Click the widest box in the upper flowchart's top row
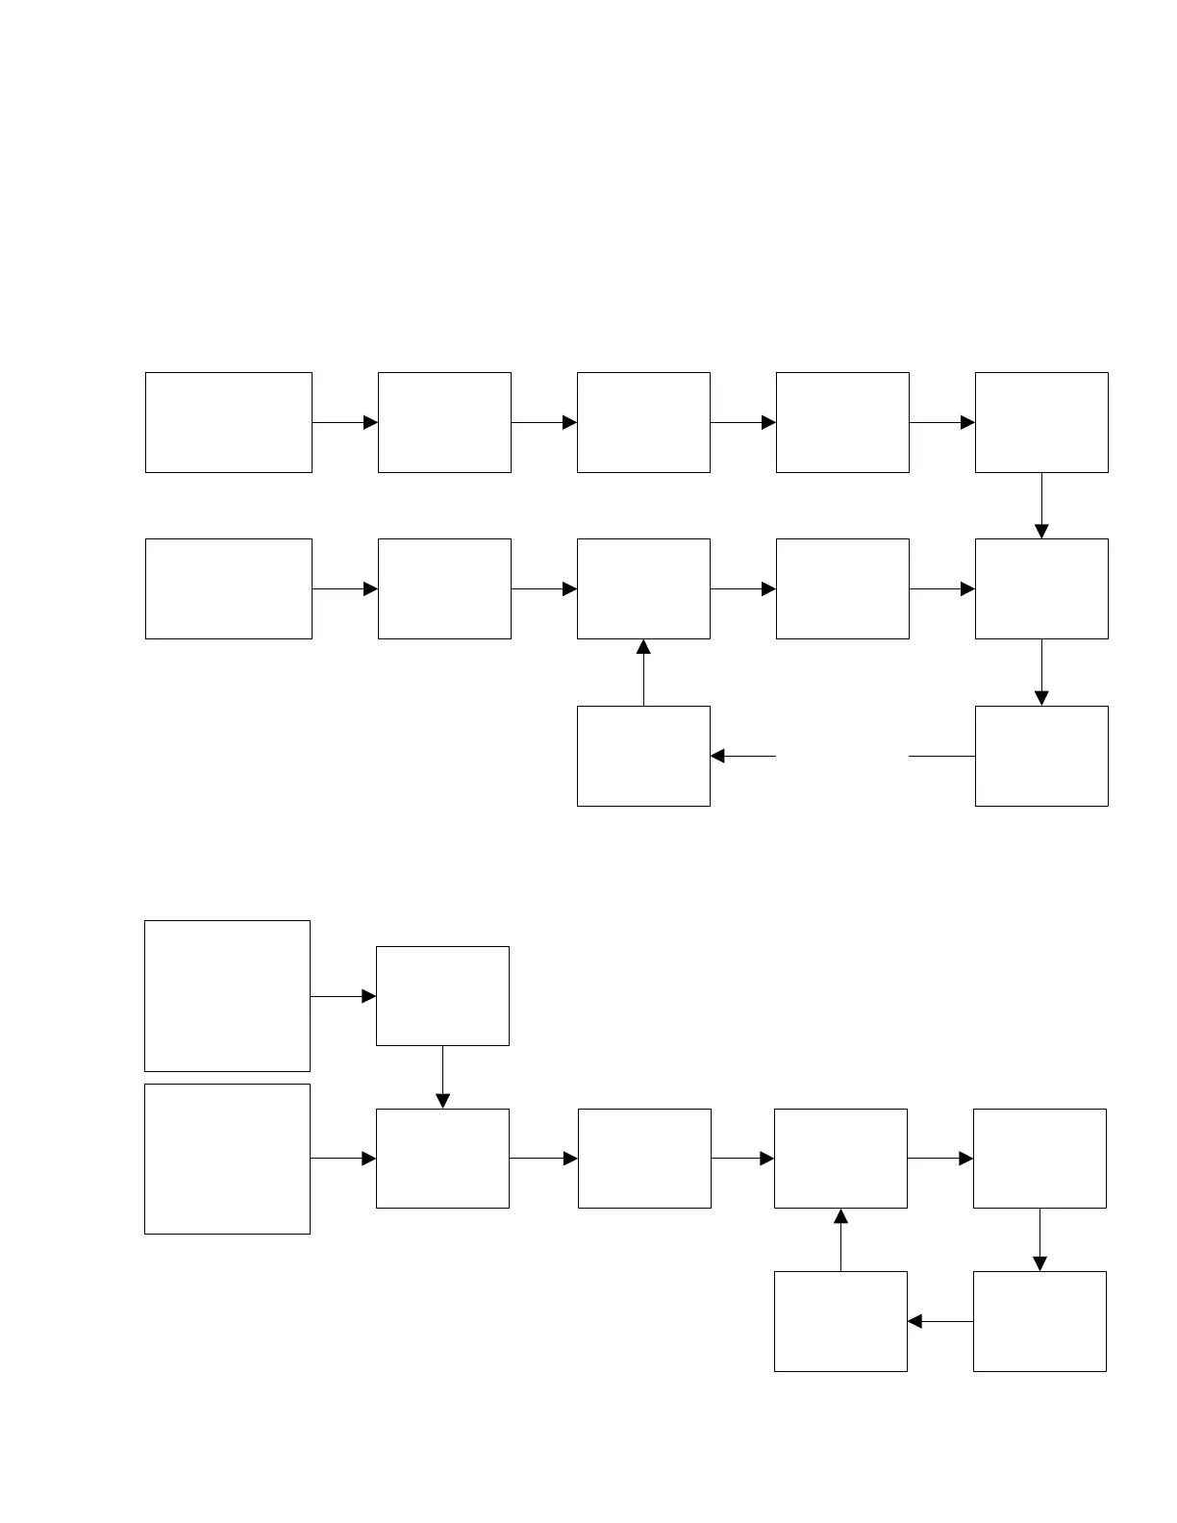pyautogui.click(x=229, y=422)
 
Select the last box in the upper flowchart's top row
pyautogui.click(x=1041, y=422)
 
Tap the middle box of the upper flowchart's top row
pyautogui.click(x=643, y=422)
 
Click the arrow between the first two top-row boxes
pyautogui.click(x=345, y=422)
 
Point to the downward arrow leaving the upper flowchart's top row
pyautogui.click(x=1041, y=506)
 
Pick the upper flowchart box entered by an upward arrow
pyautogui.click(x=643, y=588)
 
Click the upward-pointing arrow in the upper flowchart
pyautogui.click(x=643, y=672)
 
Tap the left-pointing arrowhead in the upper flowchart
pyautogui.click(x=718, y=756)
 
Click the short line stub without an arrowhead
pyautogui.click(x=941, y=756)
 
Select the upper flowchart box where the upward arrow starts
pyautogui.click(x=643, y=756)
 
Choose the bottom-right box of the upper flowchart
pyautogui.click(x=1041, y=756)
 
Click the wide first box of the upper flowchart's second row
pyautogui.click(x=229, y=588)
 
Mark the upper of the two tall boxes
pyautogui.click(x=227, y=996)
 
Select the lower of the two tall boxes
pyautogui.click(x=227, y=1159)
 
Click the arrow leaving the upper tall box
pyautogui.click(x=343, y=996)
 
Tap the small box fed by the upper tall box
pyautogui.click(x=442, y=996)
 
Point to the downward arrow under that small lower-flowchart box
pyautogui.click(x=442, y=1077)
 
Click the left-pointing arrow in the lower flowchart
pyautogui.click(x=939, y=1321)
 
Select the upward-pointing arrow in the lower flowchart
pyautogui.click(x=840, y=1239)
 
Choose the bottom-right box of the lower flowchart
pyautogui.click(x=1039, y=1321)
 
